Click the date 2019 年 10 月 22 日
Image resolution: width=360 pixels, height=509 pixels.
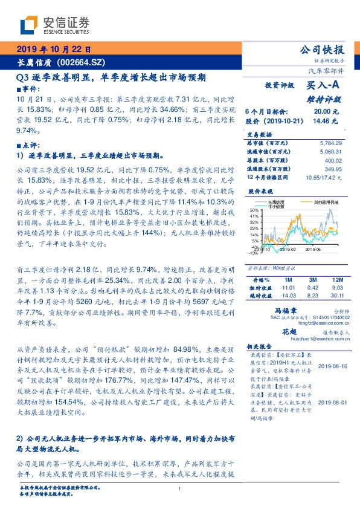click(53, 50)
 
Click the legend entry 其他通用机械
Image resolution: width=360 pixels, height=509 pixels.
click(327, 201)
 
